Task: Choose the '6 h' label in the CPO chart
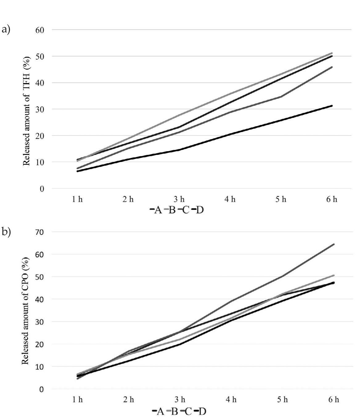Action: (x=333, y=400)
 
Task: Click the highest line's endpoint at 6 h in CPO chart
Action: (x=334, y=244)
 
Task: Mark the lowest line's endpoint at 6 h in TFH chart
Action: (x=332, y=106)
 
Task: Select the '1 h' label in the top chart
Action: (x=77, y=199)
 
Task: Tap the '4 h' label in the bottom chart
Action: (x=231, y=400)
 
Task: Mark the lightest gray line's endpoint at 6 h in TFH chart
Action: (x=332, y=53)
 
